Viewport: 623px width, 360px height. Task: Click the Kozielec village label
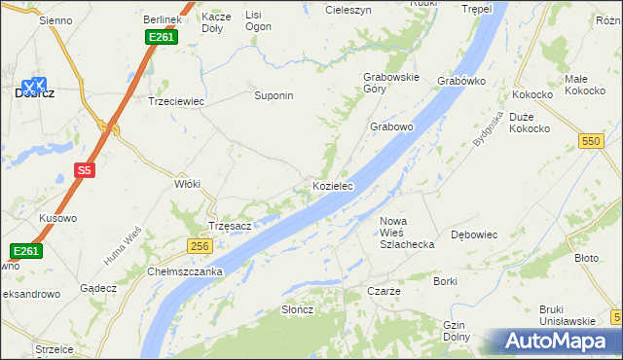click(332, 186)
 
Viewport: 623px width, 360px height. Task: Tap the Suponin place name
click(274, 96)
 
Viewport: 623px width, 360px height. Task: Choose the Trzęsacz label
click(231, 226)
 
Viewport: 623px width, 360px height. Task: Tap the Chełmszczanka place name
click(186, 271)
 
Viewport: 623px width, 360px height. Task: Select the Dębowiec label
click(475, 235)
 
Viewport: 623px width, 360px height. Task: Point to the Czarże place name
click(385, 291)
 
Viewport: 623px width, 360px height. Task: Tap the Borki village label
click(446, 281)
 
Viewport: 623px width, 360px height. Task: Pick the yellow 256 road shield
click(200, 247)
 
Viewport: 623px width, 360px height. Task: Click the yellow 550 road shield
click(590, 142)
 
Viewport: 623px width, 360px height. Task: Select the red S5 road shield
click(85, 171)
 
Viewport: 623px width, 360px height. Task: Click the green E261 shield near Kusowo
click(26, 251)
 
